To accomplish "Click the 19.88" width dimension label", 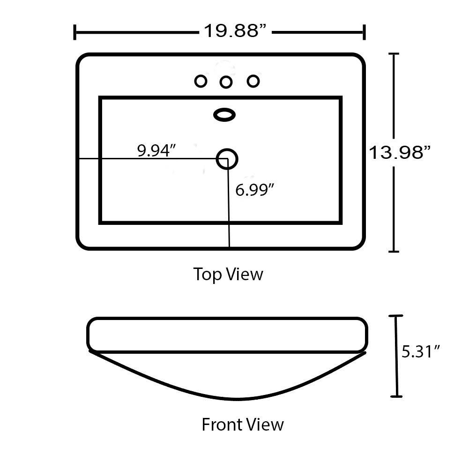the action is pos(235,31).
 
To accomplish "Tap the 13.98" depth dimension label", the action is pos(400,153).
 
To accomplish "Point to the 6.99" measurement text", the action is pos(254,190).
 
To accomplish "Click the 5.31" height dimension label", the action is pos(421,351).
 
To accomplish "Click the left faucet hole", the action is pos(201,81).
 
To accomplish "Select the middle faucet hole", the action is pos(226,82).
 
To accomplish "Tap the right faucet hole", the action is pos(253,81).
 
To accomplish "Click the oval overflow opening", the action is pos(224,115).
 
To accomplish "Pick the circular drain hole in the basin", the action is pos(227,159).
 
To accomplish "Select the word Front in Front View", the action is pos(221,424).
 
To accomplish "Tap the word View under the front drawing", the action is pos(264,424).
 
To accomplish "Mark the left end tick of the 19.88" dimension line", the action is pos(74,32).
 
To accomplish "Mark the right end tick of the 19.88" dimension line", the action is pos(364,32).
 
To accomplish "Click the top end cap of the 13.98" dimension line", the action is pos(394,53).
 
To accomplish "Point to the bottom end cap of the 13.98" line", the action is pos(394,251).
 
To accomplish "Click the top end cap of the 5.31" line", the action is pos(395,316).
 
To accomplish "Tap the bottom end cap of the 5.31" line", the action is pos(397,396).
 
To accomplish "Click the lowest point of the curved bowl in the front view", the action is pos(236,400).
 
